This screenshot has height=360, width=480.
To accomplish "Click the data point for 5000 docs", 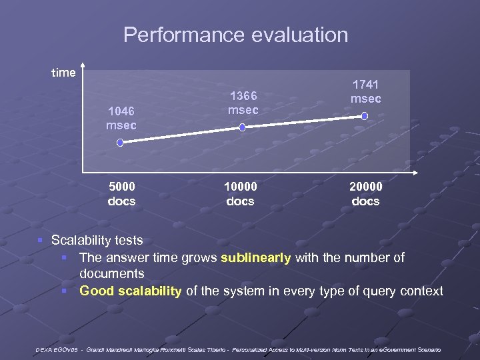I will click(120, 142).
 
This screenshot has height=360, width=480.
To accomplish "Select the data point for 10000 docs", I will click(242, 126).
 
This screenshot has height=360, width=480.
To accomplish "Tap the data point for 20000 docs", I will click(365, 116).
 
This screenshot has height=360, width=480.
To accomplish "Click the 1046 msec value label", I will click(121, 118).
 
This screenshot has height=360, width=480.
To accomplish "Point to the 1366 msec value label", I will click(243, 103).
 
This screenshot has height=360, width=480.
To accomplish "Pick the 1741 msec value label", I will click(366, 91).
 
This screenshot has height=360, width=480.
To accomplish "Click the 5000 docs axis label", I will click(121, 194).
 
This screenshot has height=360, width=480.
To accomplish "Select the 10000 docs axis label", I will click(241, 194).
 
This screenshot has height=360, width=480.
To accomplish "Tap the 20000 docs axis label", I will click(365, 194).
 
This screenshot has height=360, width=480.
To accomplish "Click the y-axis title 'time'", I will click(63, 73).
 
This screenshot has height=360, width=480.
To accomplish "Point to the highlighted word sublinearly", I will click(256, 258).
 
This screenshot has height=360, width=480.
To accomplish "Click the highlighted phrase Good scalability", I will click(130, 291).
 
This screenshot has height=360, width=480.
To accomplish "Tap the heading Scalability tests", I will click(97, 240).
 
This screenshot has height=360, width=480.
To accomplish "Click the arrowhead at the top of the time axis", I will click(83, 65).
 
